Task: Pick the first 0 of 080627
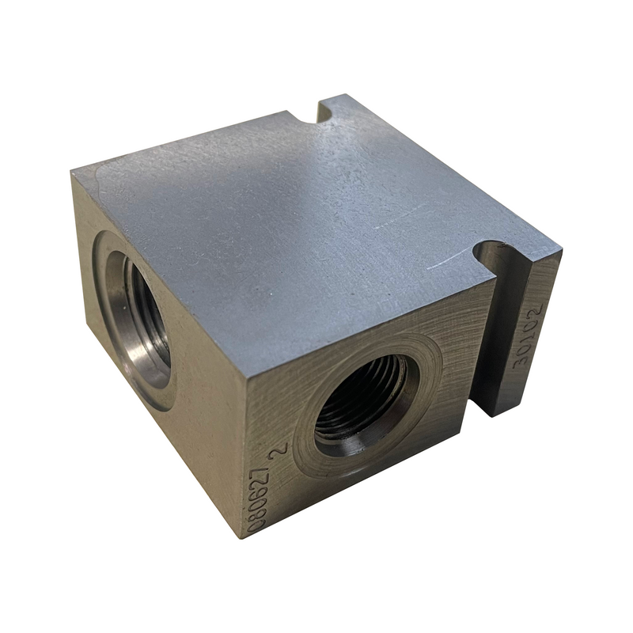[x=252, y=523]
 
